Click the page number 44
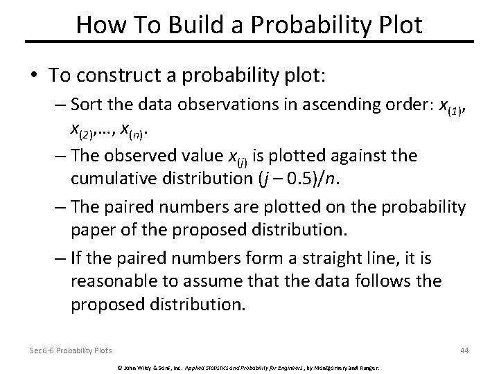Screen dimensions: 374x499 pos(464,350)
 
